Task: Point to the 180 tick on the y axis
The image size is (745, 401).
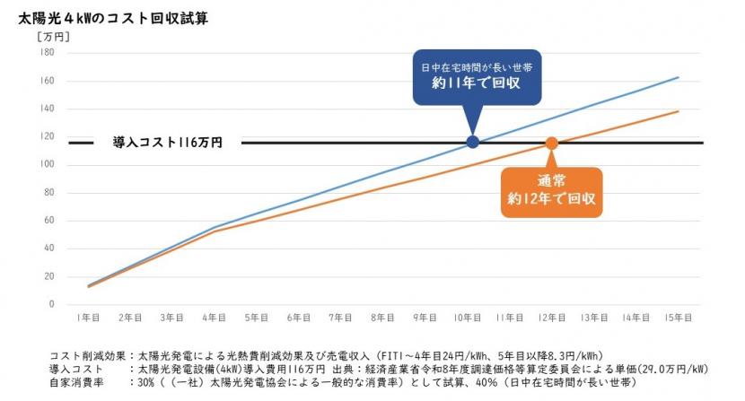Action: pos(48,53)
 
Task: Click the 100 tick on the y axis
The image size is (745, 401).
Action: pos(48,165)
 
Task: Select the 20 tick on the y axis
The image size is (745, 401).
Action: pos(49,277)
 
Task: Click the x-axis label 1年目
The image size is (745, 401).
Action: pos(88,318)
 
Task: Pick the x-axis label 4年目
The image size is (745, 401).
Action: pos(215,318)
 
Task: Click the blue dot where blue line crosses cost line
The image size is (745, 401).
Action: pos(473,143)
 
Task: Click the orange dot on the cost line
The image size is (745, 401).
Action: pos(552,143)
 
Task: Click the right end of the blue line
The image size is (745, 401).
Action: pos(678,78)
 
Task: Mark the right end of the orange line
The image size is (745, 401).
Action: pos(678,111)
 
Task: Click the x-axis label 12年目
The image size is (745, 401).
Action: pos(551,318)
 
